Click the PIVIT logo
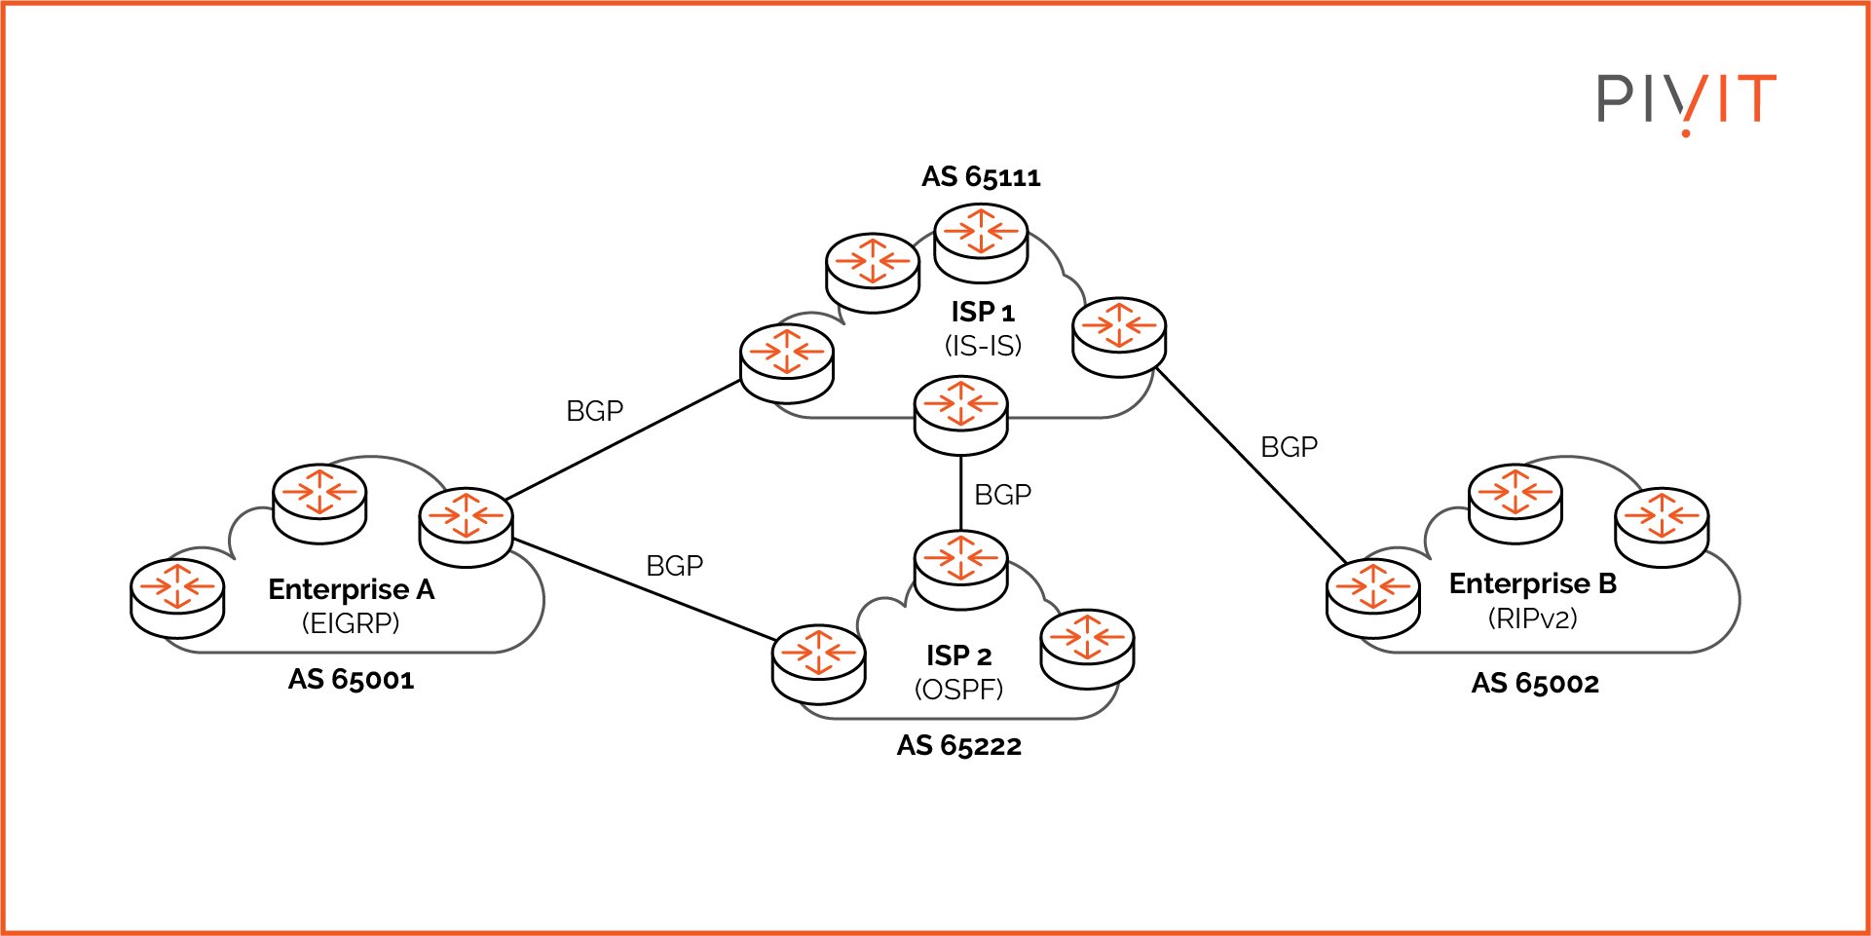pos(1686,100)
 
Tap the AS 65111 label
pos(981,177)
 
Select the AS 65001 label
pos(351,680)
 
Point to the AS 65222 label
pos(958,746)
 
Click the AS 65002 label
pos(1535,684)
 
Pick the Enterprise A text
pos(351,589)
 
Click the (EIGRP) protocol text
pos(351,623)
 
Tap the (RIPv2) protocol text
pos(1532,618)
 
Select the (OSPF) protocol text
pos(958,690)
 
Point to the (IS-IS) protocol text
pos(983,346)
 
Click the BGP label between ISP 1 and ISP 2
pos(1002,495)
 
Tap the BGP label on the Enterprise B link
pos(1289,447)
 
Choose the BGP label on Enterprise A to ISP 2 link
pos(674,566)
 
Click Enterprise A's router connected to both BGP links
pos(466,526)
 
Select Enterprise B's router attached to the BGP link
pos(1372,597)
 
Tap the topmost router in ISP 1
pos(981,243)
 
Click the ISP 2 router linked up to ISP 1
pos(960,570)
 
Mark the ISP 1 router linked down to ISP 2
pos(960,414)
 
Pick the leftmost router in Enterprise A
pos(177,597)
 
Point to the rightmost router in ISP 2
pos(1087,648)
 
